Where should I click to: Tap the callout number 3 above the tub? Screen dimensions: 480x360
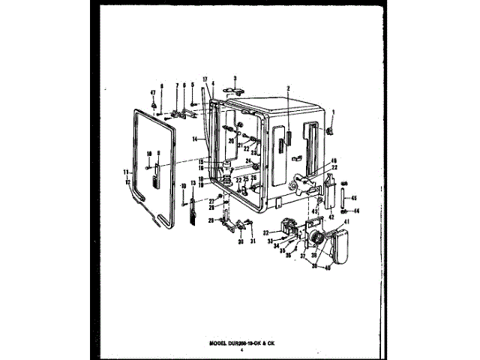coord(235,77)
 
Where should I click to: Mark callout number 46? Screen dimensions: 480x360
coord(334,160)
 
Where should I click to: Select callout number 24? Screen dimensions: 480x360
coord(247,160)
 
